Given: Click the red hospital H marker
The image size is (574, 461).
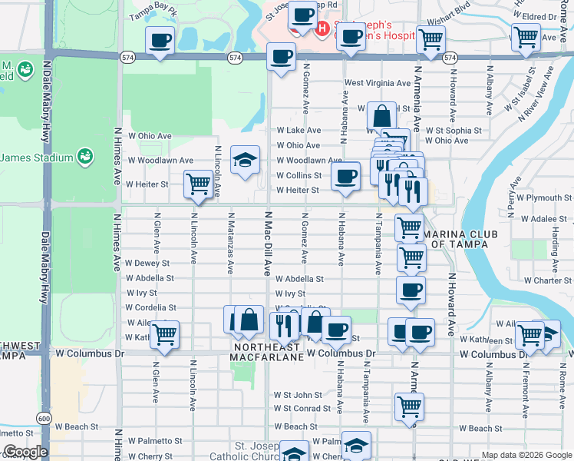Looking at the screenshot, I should click(322, 28).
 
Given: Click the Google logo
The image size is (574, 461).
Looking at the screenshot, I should click(25, 453).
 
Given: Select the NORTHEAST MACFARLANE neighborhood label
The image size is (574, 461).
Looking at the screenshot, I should click(268, 353).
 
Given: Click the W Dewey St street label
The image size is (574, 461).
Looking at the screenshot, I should click(147, 263).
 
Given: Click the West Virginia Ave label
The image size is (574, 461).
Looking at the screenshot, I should click(378, 82).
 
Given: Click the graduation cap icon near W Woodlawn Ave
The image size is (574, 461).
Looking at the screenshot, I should click(245, 160).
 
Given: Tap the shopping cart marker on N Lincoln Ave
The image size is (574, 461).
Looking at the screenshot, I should click(198, 184).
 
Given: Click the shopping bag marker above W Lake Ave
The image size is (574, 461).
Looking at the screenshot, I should click(381, 115).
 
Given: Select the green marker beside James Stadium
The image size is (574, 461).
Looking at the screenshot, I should click(84, 157).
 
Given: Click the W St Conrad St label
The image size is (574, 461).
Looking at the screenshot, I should click(302, 408).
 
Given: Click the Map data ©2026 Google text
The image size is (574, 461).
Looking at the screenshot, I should click(526, 455).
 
